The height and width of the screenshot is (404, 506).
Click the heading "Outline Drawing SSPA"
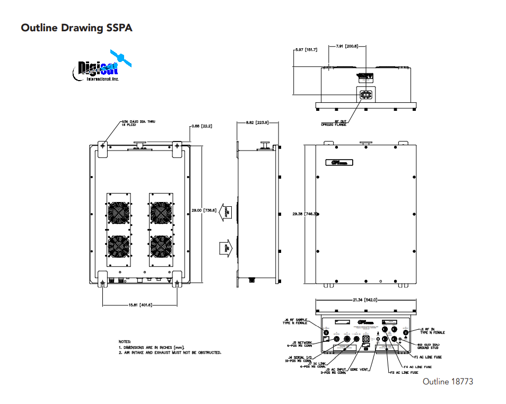(76, 28)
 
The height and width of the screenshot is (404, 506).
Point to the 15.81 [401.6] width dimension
(139, 305)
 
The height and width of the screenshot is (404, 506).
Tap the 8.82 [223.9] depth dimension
(257, 122)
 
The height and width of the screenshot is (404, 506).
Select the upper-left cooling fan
(118, 212)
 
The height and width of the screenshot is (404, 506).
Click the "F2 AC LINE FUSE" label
(404, 373)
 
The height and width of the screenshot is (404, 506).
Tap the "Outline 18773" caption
(448, 382)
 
